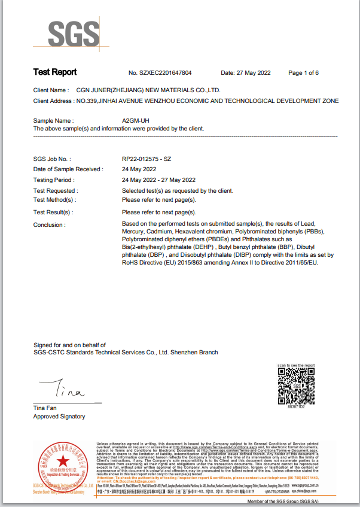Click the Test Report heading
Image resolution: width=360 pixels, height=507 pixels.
(x=55, y=72)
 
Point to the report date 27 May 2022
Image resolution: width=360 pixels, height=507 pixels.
(x=254, y=73)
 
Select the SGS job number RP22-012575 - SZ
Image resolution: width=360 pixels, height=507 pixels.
(x=147, y=159)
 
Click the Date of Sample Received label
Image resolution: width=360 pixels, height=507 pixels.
(x=68, y=169)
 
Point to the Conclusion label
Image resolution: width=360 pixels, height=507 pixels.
(x=50, y=225)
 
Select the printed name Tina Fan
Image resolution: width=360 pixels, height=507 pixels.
(x=45, y=408)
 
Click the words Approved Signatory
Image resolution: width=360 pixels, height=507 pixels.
(x=59, y=417)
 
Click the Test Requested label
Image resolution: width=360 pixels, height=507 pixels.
(x=55, y=191)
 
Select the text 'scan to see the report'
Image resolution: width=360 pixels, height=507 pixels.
(x=296, y=365)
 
